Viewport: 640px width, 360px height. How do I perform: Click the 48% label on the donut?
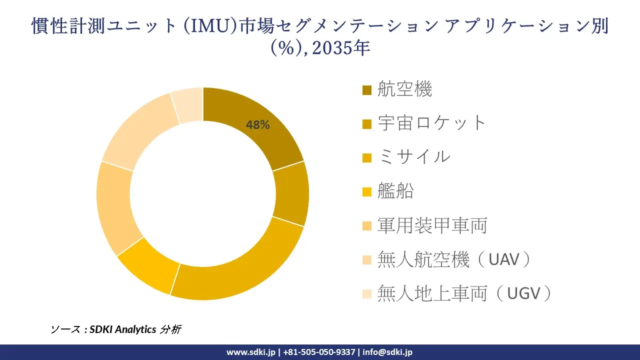coord(257,125)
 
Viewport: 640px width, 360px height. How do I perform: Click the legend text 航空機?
coord(404,89)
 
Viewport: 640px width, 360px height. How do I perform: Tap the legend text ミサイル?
coord(414,157)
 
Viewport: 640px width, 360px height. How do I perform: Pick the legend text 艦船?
coord(395,191)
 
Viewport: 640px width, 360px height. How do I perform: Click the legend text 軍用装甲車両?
coord(432,225)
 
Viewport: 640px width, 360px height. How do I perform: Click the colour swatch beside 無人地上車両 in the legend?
coord(367,294)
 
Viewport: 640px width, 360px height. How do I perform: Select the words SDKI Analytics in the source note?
coord(122,329)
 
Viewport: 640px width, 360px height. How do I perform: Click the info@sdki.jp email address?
coord(388,352)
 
